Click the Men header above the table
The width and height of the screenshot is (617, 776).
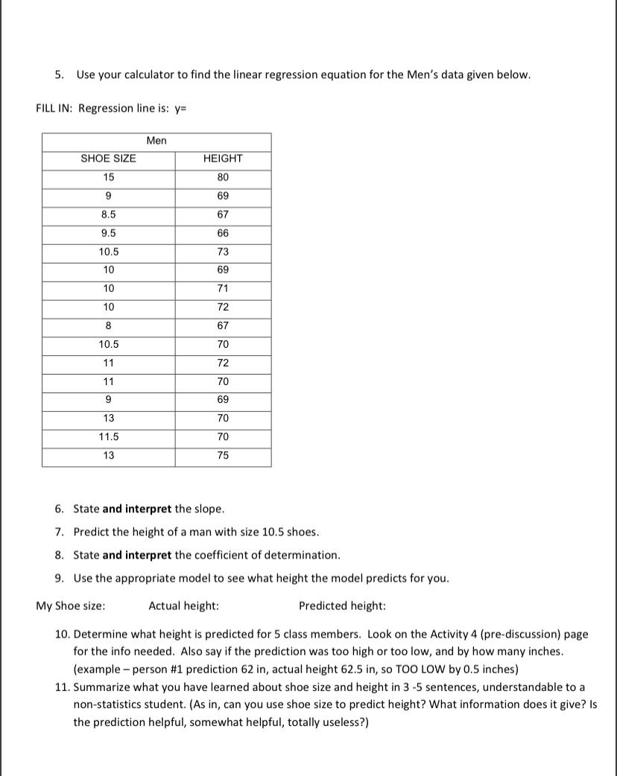coord(156,141)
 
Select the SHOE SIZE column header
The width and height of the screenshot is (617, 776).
coord(108,159)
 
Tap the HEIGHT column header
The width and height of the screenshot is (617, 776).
coord(223,159)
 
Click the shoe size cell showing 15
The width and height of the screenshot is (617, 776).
coord(109,177)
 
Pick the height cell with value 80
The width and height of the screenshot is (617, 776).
coord(223,177)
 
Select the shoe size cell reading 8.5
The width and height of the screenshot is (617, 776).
coord(109,214)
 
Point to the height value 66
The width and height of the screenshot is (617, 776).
coord(223,233)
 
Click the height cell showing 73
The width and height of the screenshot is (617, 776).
coord(223,252)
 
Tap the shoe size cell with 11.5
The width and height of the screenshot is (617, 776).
coord(109,437)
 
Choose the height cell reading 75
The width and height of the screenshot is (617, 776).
coord(223,456)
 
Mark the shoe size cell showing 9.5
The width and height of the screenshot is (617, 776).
coord(109,233)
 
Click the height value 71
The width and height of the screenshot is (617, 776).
coord(223,289)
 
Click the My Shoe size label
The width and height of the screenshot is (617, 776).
coord(70,605)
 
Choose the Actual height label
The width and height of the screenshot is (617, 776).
coord(184,605)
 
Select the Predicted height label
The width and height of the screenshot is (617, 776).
coord(342,605)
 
